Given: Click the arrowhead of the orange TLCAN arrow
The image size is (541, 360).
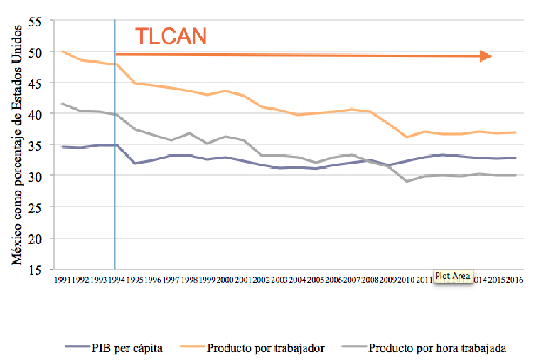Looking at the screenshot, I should pos(486,56).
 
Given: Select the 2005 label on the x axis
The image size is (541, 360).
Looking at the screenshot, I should pos(316,281).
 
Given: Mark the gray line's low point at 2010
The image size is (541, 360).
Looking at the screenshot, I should pos(407,181).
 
